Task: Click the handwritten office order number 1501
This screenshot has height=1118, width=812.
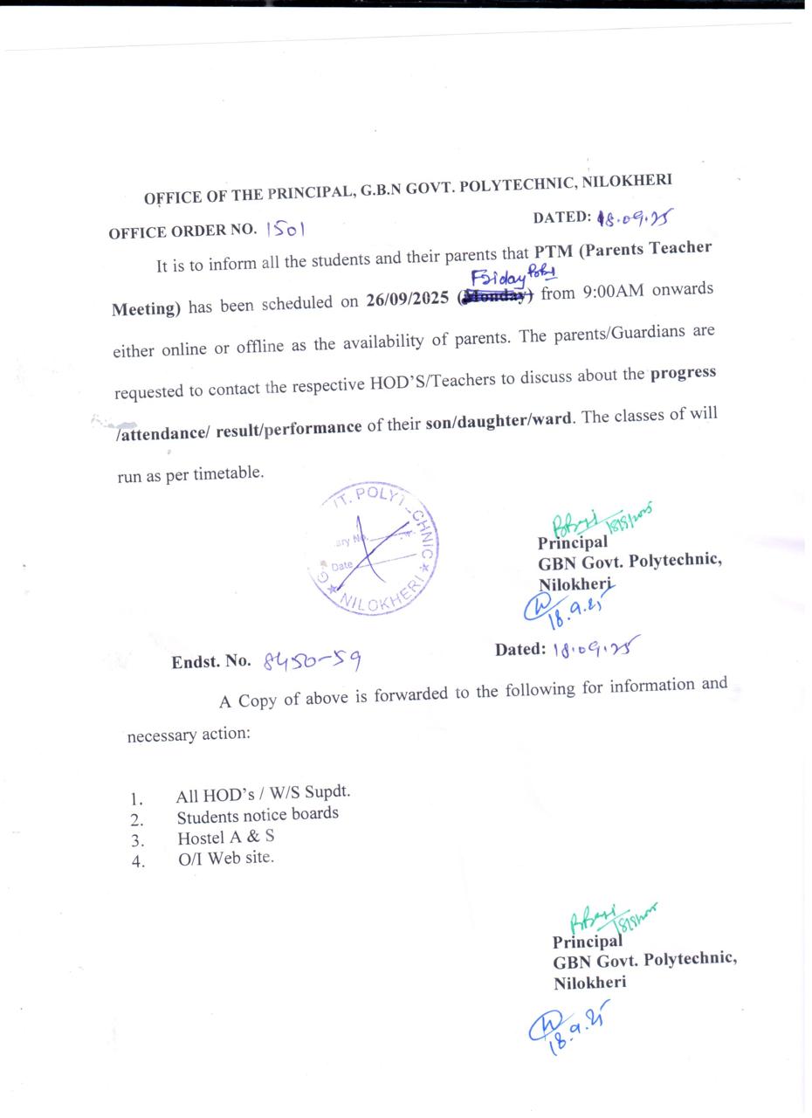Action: click(x=286, y=230)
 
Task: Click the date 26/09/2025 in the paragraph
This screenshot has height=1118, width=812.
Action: click(x=408, y=300)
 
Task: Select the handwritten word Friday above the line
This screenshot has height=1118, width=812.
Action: click(x=499, y=279)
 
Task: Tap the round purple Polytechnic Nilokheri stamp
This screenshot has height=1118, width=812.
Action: click(x=373, y=549)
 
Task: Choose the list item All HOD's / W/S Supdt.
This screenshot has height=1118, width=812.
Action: click(x=263, y=793)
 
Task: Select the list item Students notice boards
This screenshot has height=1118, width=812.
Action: click(x=258, y=815)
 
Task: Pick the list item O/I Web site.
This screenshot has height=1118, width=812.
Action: click(x=225, y=858)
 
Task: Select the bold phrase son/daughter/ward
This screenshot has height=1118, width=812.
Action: click(x=499, y=420)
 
